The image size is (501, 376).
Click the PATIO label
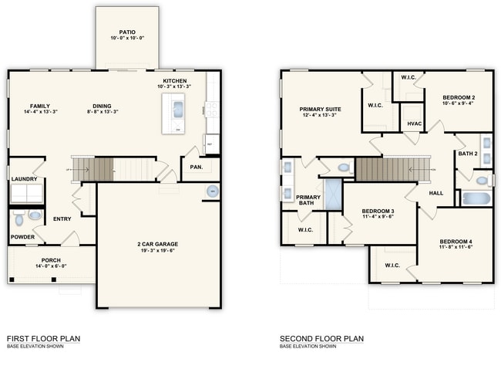[x=127, y=32]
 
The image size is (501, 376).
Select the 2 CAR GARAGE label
[x=159, y=244]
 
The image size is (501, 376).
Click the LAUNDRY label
[x=25, y=179]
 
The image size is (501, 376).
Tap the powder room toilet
[x=35, y=217]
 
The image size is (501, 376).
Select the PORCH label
[x=51, y=260]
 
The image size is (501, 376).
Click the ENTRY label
[x=62, y=218]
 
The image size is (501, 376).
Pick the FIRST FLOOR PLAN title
[x=43, y=338]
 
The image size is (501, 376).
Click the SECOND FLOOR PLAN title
[x=321, y=338]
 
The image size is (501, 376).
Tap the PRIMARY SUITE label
[x=320, y=109]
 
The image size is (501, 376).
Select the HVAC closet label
[x=414, y=124]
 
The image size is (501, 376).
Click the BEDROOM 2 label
[x=458, y=97]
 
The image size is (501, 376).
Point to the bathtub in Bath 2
[x=476, y=198]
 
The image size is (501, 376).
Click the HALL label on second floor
[x=435, y=193]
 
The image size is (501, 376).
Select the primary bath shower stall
[x=333, y=194]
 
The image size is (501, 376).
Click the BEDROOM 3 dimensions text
[x=378, y=217]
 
